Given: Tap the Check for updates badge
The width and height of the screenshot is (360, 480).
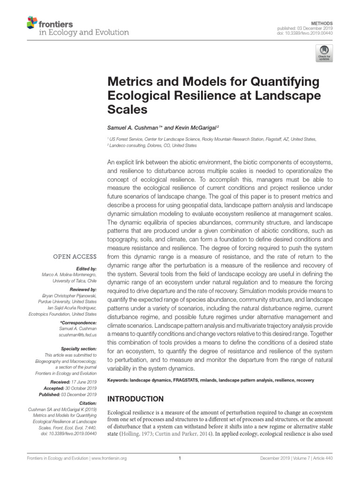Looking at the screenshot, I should coord(324,53).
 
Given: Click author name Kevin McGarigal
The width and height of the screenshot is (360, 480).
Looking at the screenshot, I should coord(197,127).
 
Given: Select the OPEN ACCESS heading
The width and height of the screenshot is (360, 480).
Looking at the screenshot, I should coord(75,256).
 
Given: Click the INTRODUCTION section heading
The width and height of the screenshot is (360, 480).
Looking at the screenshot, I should coord(136,399).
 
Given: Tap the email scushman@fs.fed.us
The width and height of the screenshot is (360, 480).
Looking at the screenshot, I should coord(78,336).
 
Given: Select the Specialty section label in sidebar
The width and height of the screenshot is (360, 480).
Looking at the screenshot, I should coord(78,349).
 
